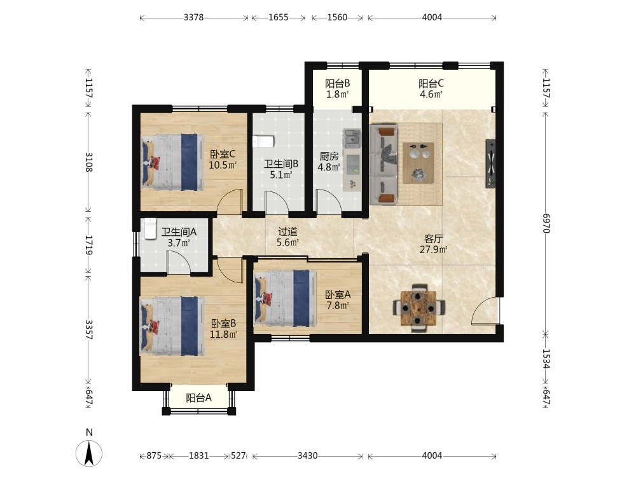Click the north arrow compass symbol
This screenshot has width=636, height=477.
pyautogui.click(x=89, y=453)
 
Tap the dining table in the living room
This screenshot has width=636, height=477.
pyautogui.click(x=418, y=308)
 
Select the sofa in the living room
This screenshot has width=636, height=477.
pyautogui.click(x=384, y=165)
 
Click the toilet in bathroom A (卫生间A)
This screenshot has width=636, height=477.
pyautogui.click(x=150, y=229)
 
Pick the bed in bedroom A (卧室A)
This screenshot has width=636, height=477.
pyautogui.click(x=285, y=298)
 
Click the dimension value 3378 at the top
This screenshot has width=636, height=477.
pyautogui.click(x=193, y=17)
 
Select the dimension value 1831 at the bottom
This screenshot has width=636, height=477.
pyautogui.click(x=198, y=456)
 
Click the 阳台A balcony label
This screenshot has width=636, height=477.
pyautogui.click(x=198, y=398)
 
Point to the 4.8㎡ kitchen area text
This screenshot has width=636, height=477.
pyautogui.click(x=329, y=167)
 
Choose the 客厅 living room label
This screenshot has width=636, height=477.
pyautogui.click(x=433, y=238)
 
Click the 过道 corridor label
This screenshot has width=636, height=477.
pyautogui.click(x=287, y=232)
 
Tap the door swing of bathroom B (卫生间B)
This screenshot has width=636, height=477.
pyautogui.click(x=277, y=202)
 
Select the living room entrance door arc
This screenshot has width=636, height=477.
pyautogui.click(x=485, y=310)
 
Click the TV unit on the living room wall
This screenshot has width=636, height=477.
pyautogui.click(x=490, y=163)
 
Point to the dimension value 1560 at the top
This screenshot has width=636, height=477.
pyautogui.click(x=337, y=17)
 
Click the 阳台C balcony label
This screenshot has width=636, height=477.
pyautogui.click(x=431, y=83)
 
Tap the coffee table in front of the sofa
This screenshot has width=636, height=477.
pyautogui.click(x=418, y=163)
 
